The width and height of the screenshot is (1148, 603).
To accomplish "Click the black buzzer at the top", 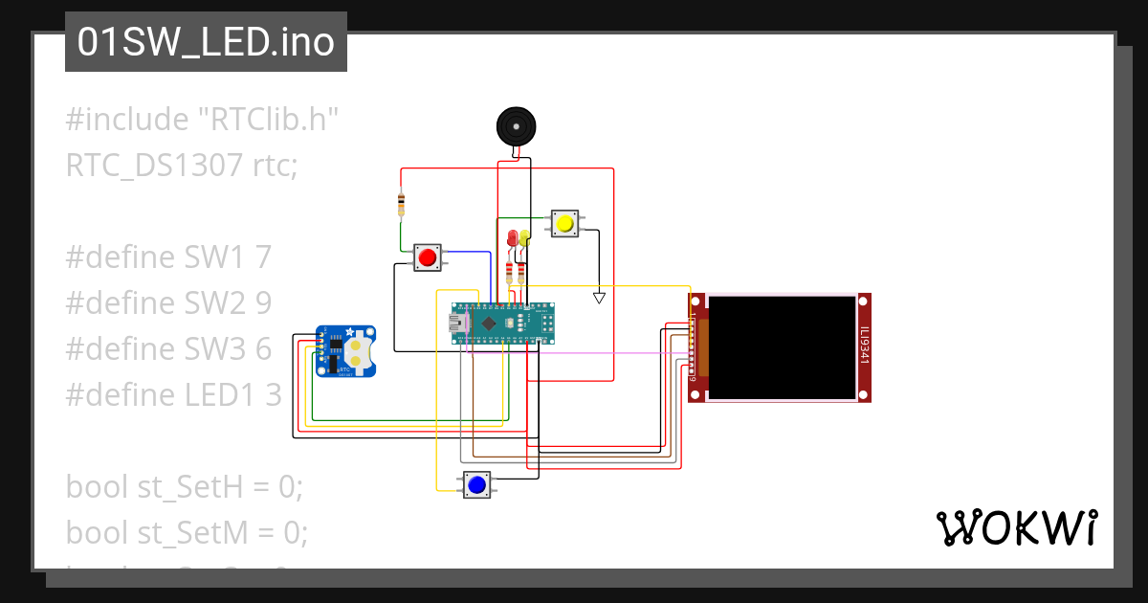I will pyautogui.click(x=516, y=127).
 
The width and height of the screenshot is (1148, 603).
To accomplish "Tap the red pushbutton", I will pyautogui.click(x=428, y=257).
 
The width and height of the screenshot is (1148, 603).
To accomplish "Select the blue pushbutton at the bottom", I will pyautogui.click(x=476, y=485).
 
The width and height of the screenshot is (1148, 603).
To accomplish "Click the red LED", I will pyautogui.click(x=513, y=237).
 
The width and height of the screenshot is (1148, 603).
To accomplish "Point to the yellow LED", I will pyautogui.click(x=525, y=235).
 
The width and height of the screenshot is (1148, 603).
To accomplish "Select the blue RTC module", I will pyautogui.click(x=345, y=351).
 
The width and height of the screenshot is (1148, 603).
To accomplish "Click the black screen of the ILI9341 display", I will pyautogui.click(x=783, y=347).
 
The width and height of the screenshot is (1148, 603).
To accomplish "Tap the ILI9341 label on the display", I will pyautogui.click(x=864, y=346).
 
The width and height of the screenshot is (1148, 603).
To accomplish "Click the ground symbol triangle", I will pyautogui.click(x=599, y=298).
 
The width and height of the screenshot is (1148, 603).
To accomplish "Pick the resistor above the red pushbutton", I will pyautogui.click(x=401, y=203).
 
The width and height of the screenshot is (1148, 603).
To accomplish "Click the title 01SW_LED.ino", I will pyautogui.click(x=206, y=43).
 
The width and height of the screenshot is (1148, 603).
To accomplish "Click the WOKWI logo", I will pyautogui.click(x=1016, y=527).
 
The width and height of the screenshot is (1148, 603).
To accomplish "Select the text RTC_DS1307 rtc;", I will pyautogui.click(x=182, y=166).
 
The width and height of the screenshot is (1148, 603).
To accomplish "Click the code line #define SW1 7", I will pyautogui.click(x=168, y=257).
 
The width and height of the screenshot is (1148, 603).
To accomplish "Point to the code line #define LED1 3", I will pyautogui.click(x=173, y=394).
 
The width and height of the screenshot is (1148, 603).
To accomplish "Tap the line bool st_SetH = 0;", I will pyautogui.click(x=184, y=486).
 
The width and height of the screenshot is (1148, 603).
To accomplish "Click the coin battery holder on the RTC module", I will pyautogui.click(x=357, y=351).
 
